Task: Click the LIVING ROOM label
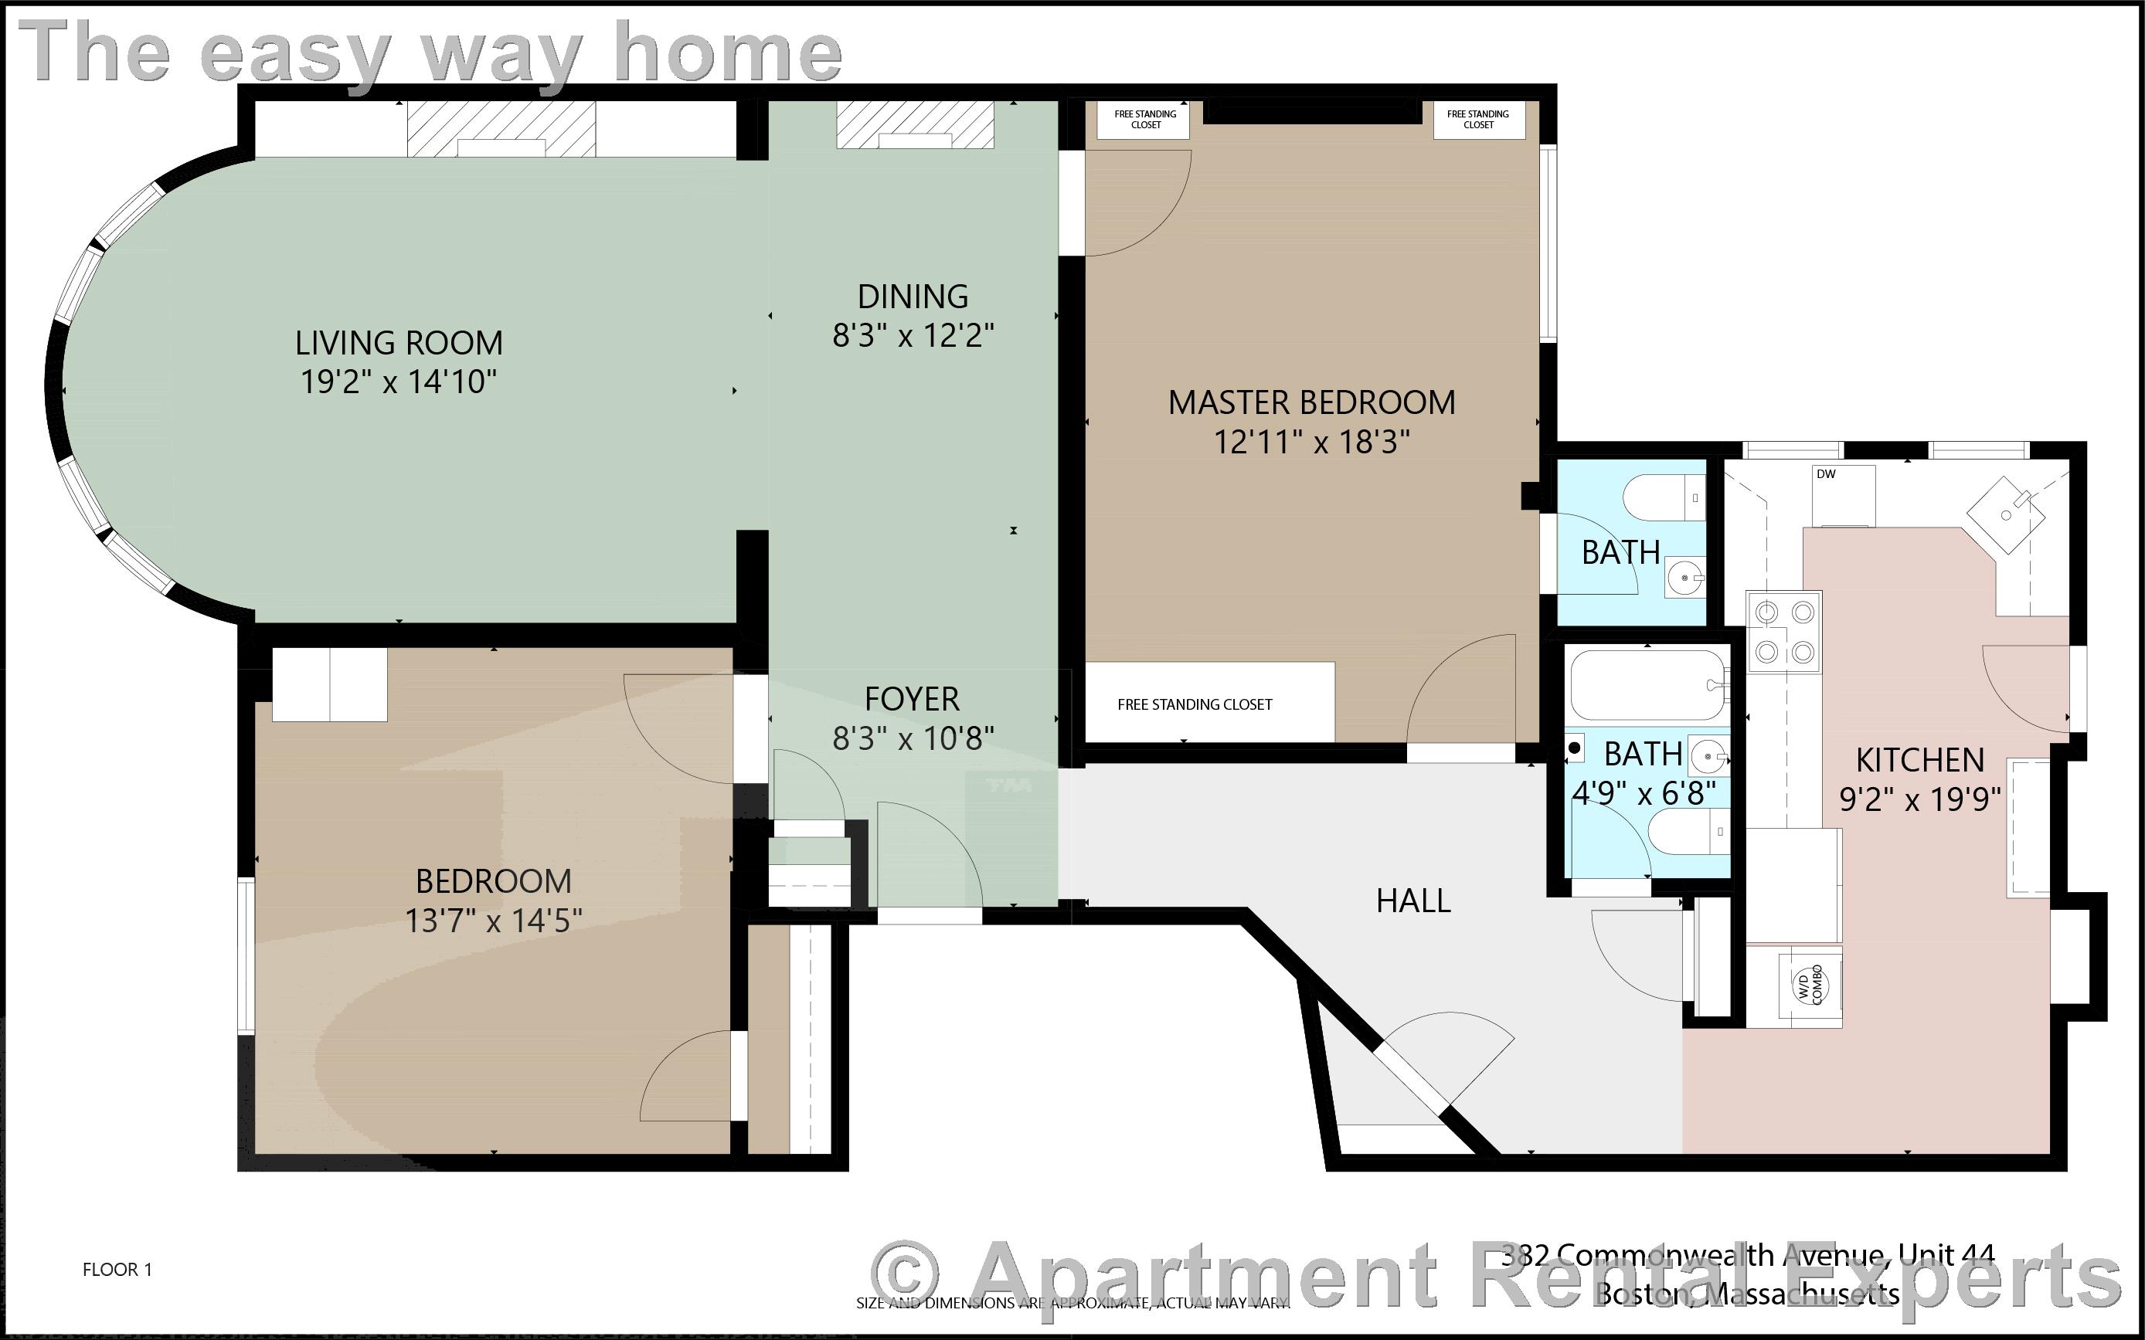(x=399, y=343)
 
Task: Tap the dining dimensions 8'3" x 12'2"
(x=913, y=336)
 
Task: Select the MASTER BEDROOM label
(x=1311, y=402)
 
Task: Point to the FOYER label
(x=912, y=699)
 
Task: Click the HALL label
(x=1412, y=901)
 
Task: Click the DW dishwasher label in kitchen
(x=1826, y=474)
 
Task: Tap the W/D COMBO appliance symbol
(x=1810, y=985)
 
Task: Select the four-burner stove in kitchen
(x=1784, y=632)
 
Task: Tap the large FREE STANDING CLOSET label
(x=1194, y=704)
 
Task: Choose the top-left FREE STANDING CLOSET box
(x=1145, y=120)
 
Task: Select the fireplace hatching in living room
(x=501, y=128)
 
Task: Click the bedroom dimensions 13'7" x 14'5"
(x=494, y=921)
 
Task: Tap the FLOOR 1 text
(x=117, y=1270)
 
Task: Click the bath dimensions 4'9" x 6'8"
(x=1644, y=792)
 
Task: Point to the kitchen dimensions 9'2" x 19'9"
(x=1920, y=799)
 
